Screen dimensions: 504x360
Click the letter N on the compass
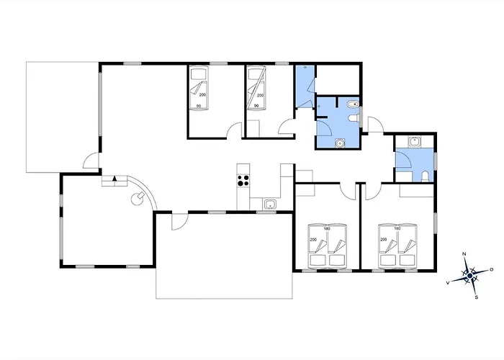(x=464, y=254)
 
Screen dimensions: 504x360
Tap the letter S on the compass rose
(x=477, y=297)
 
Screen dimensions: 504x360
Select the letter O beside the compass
(x=492, y=269)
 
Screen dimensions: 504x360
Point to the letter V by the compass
(x=448, y=283)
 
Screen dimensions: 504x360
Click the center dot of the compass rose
(x=470, y=276)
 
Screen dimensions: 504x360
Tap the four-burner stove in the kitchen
(x=243, y=180)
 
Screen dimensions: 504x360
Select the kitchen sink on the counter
(x=269, y=204)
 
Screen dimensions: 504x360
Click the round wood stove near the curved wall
(x=138, y=198)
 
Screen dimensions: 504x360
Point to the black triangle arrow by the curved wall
(x=114, y=179)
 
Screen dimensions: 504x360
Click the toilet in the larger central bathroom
(x=354, y=118)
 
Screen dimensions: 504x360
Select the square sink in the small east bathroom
(x=414, y=142)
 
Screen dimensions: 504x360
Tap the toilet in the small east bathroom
(x=425, y=177)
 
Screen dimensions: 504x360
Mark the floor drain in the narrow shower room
(x=305, y=68)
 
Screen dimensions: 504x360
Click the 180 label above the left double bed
(x=327, y=229)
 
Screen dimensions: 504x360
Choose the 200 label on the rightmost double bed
(x=384, y=240)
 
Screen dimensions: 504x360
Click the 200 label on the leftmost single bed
(x=202, y=95)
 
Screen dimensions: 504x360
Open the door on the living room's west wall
(x=91, y=160)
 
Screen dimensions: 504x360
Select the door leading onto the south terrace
(x=180, y=222)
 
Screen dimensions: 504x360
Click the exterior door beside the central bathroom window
(x=376, y=125)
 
